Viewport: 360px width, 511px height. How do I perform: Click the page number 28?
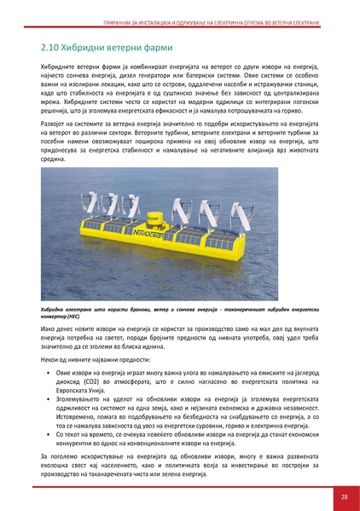(x=343, y=496)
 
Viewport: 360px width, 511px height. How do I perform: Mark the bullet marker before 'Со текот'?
(x=46, y=433)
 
